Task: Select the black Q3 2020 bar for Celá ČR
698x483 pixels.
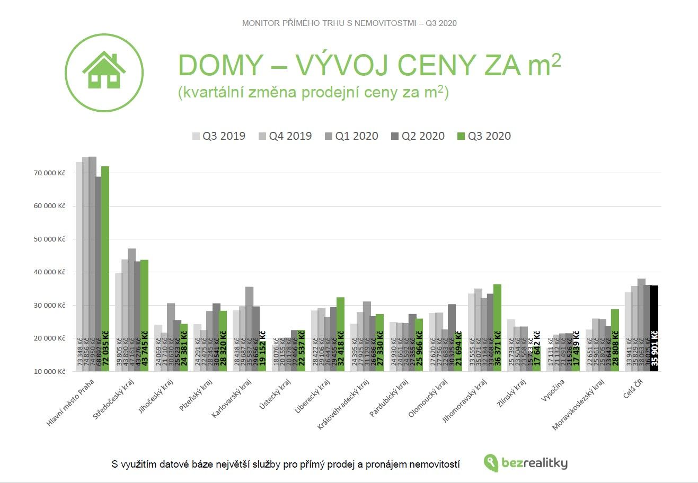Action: [654, 328]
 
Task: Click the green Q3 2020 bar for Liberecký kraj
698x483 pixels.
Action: [340, 334]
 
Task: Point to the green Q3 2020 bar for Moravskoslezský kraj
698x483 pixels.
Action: [615, 339]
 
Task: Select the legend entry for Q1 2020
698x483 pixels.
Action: [351, 136]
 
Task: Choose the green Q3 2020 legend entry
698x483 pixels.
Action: [484, 136]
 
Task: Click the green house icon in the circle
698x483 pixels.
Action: [104, 71]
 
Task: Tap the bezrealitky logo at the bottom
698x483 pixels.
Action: [526, 463]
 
